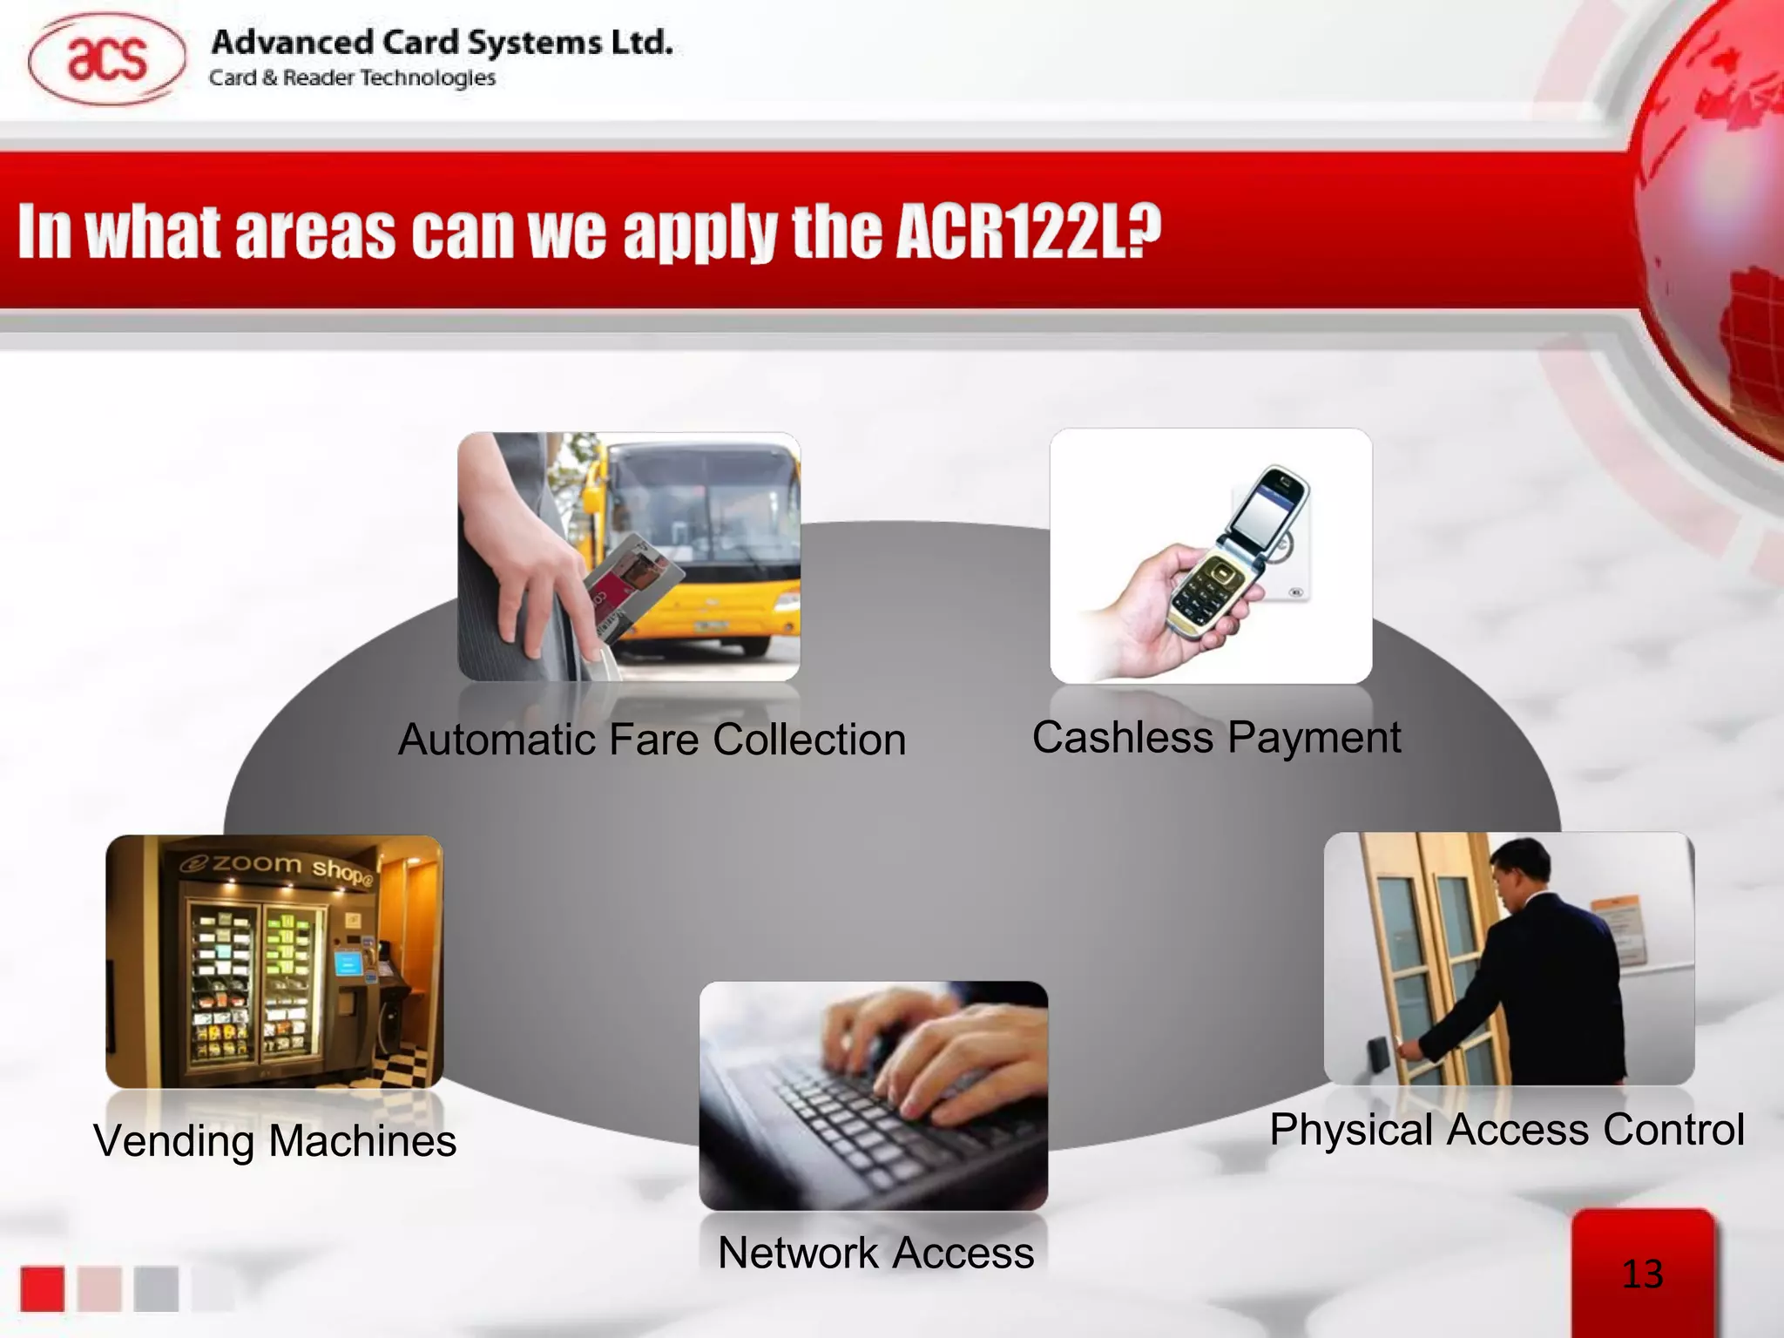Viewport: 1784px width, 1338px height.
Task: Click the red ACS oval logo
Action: [106, 59]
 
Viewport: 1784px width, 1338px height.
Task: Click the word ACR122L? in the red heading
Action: [1029, 233]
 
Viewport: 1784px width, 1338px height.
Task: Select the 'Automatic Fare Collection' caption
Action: [652, 740]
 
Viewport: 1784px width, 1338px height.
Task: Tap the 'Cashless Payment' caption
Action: [1216, 737]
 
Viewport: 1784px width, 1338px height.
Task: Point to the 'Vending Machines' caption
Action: [274, 1140]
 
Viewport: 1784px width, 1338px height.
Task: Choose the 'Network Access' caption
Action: [875, 1253]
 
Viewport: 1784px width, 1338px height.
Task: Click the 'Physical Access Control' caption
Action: [1507, 1130]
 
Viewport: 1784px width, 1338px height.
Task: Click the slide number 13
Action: [1642, 1274]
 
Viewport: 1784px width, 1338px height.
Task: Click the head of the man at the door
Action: [1521, 870]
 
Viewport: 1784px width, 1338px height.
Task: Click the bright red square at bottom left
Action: [43, 1288]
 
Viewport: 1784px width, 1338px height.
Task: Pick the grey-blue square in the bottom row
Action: [156, 1288]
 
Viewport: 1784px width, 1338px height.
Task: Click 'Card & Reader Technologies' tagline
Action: [352, 78]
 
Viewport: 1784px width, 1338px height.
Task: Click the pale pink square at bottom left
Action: [99, 1288]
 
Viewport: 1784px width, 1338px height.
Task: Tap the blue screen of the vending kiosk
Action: [348, 963]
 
